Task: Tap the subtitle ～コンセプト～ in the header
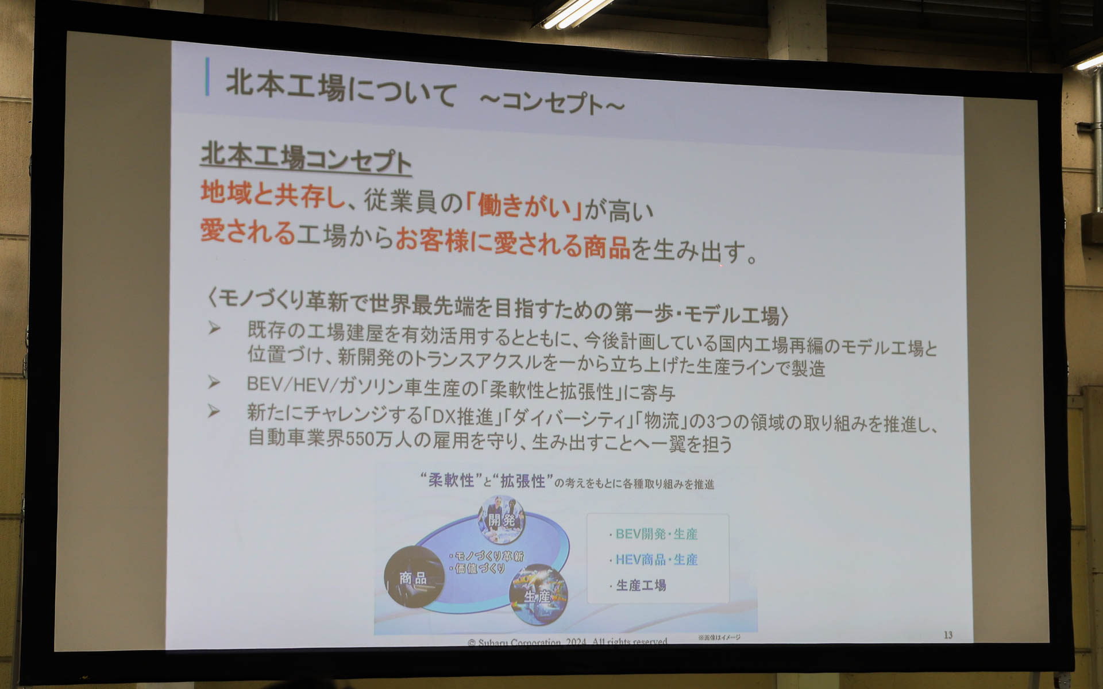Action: pos(551,103)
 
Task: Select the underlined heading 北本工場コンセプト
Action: pos(306,157)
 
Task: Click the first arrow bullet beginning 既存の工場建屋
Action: pos(214,329)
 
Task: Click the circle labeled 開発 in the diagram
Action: pos(502,520)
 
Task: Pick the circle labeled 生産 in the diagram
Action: pos(538,595)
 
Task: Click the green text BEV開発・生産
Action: pos(656,534)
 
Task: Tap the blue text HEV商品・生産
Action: pos(656,559)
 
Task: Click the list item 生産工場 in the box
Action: pos(641,585)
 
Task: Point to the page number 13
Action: pos(948,634)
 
